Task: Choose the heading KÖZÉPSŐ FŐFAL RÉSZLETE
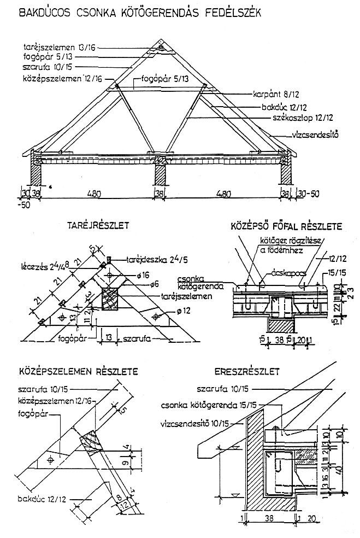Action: (x=286, y=225)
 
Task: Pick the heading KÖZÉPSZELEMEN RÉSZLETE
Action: (x=75, y=372)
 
